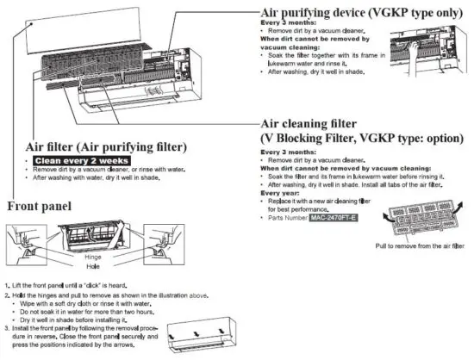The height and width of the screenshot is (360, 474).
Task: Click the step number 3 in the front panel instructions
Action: (7, 328)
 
